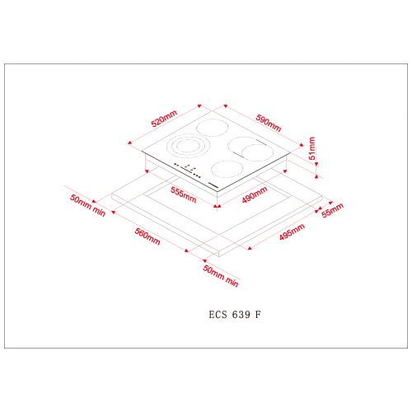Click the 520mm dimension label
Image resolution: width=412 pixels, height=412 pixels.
pyautogui.click(x=164, y=119)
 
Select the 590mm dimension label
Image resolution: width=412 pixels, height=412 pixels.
pyautogui.click(x=269, y=123)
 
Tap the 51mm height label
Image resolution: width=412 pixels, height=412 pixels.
pyautogui.click(x=312, y=148)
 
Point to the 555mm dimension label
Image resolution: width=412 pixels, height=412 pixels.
pyautogui.click(x=183, y=194)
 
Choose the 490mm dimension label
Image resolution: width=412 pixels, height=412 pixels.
pyautogui.click(x=255, y=194)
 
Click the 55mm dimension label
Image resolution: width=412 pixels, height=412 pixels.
pyautogui.click(x=332, y=210)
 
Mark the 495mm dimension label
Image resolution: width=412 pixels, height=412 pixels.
pyautogui.click(x=292, y=232)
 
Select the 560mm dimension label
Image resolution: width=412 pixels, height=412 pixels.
pyautogui.click(x=147, y=236)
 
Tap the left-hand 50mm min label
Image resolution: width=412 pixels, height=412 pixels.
pyautogui.click(x=87, y=205)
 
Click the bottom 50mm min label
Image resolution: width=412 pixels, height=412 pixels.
pyautogui.click(x=221, y=276)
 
